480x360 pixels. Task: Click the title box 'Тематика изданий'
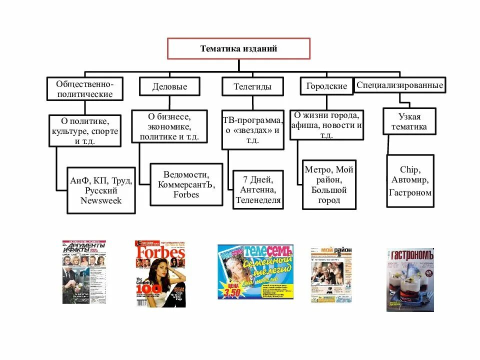(238, 49)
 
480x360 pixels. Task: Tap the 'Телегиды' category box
(252, 86)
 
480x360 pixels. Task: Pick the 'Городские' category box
(326, 86)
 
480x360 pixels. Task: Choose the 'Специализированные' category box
(399, 85)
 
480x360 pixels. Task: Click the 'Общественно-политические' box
(84, 88)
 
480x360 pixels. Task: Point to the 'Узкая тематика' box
(409, 121)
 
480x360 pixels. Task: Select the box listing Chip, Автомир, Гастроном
(410, 180)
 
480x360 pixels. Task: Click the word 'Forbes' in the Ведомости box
(186, 194)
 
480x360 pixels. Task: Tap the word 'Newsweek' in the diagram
(101, 200)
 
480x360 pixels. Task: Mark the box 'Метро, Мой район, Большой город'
(329, 184)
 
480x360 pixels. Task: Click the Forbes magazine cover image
(160, 273)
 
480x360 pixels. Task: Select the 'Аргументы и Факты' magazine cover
(84, 272)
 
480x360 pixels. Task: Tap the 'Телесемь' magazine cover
(255, 271)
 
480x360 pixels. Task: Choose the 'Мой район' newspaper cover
(331, 274)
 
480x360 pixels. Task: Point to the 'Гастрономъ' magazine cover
(410, 279)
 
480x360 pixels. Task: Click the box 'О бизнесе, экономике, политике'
(169, 126)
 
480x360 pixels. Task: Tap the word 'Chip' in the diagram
(410, 169)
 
